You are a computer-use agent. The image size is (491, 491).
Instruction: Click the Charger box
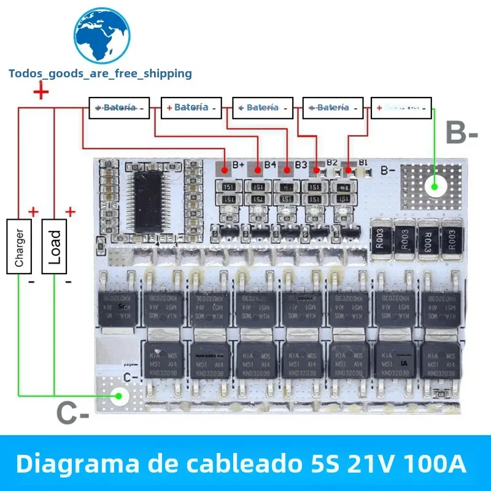tap(19, 245)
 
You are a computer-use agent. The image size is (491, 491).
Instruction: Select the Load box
tap(55, 245)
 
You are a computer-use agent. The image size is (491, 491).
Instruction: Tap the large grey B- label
tap(461, 133)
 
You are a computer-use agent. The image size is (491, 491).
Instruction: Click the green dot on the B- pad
tap(435, 184)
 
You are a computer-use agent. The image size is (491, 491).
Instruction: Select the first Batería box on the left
tap(119, 107)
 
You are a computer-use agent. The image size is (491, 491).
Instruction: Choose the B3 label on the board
tap(301, 164)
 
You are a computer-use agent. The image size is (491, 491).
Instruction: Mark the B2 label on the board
tap(332, 163)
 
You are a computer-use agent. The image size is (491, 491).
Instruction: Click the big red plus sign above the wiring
tap(41, 93)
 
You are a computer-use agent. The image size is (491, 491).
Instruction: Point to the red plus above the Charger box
tap(33, 212)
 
